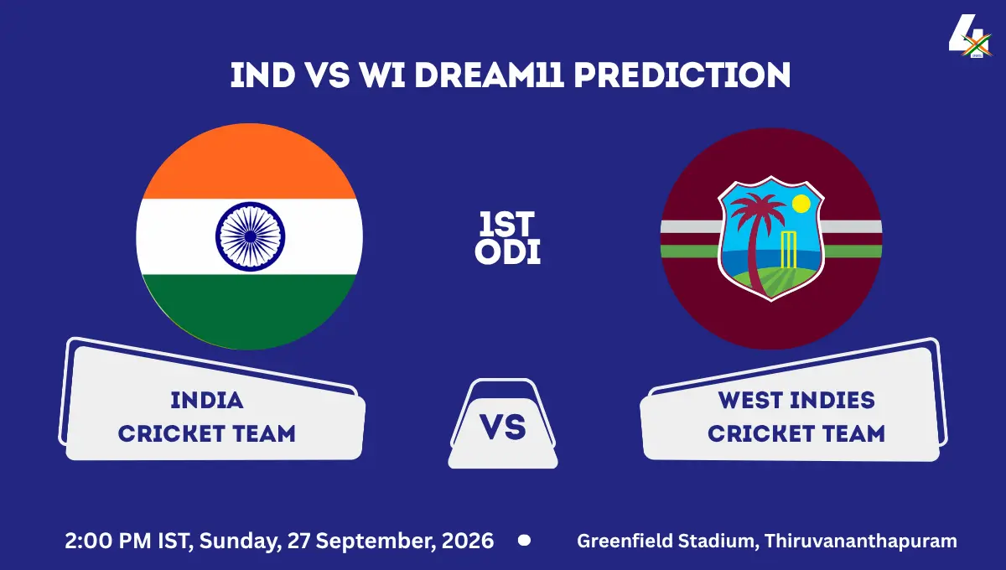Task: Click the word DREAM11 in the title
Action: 489,75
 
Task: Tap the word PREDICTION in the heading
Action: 682,75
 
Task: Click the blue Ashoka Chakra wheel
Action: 250,236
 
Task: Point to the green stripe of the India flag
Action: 250,310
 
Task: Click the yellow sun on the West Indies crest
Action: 801,204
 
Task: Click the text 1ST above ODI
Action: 506,224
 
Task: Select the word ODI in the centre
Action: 507,251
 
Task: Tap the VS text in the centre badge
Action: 502,427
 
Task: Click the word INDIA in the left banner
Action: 207,400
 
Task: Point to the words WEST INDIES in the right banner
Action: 796,400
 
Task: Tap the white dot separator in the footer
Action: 524,540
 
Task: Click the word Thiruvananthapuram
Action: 860,541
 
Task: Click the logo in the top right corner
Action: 970,36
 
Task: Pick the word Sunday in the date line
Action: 240,541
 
